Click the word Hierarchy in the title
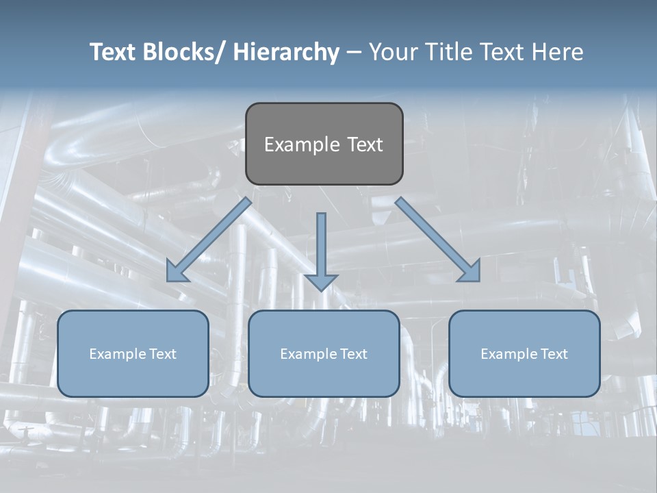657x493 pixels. pyautogui.click(x=286, y=53)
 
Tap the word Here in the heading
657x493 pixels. pyautogui.click(x=558, y=53)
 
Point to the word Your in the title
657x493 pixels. pyautogui.click(x=394, y=53)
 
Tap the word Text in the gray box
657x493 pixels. pyautogui.click(x=363, y=144)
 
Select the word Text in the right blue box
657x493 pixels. pyautogui.click(x=554, y=354)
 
